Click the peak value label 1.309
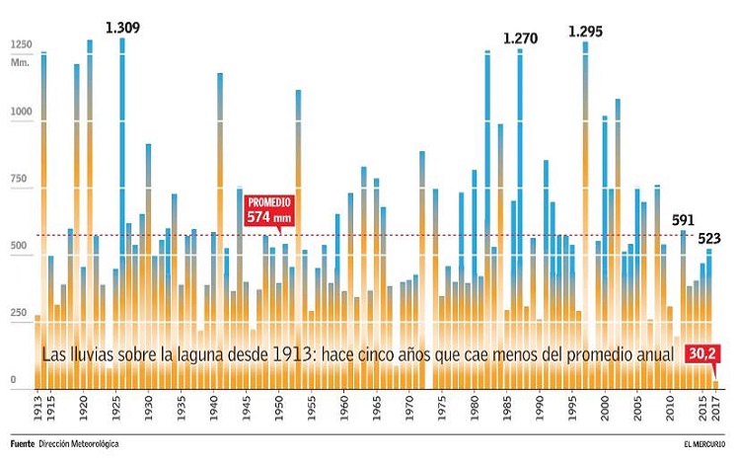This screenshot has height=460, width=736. pyautogui.click(x=122, y=27)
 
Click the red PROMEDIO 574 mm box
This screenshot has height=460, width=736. pyautogui.click(x=269, y=210)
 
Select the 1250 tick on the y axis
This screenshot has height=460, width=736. pyautogui.click(x=21, y=44)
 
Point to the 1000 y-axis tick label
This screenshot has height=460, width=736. pyautogui.click(x=21, y=113)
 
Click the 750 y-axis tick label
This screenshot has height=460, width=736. pyautogui.click(x=19, y=180)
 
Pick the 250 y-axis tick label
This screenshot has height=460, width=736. pyautogui.click(x=19, y=313)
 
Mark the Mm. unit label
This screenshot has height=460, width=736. pyautogui.click(x=20, y=61)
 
